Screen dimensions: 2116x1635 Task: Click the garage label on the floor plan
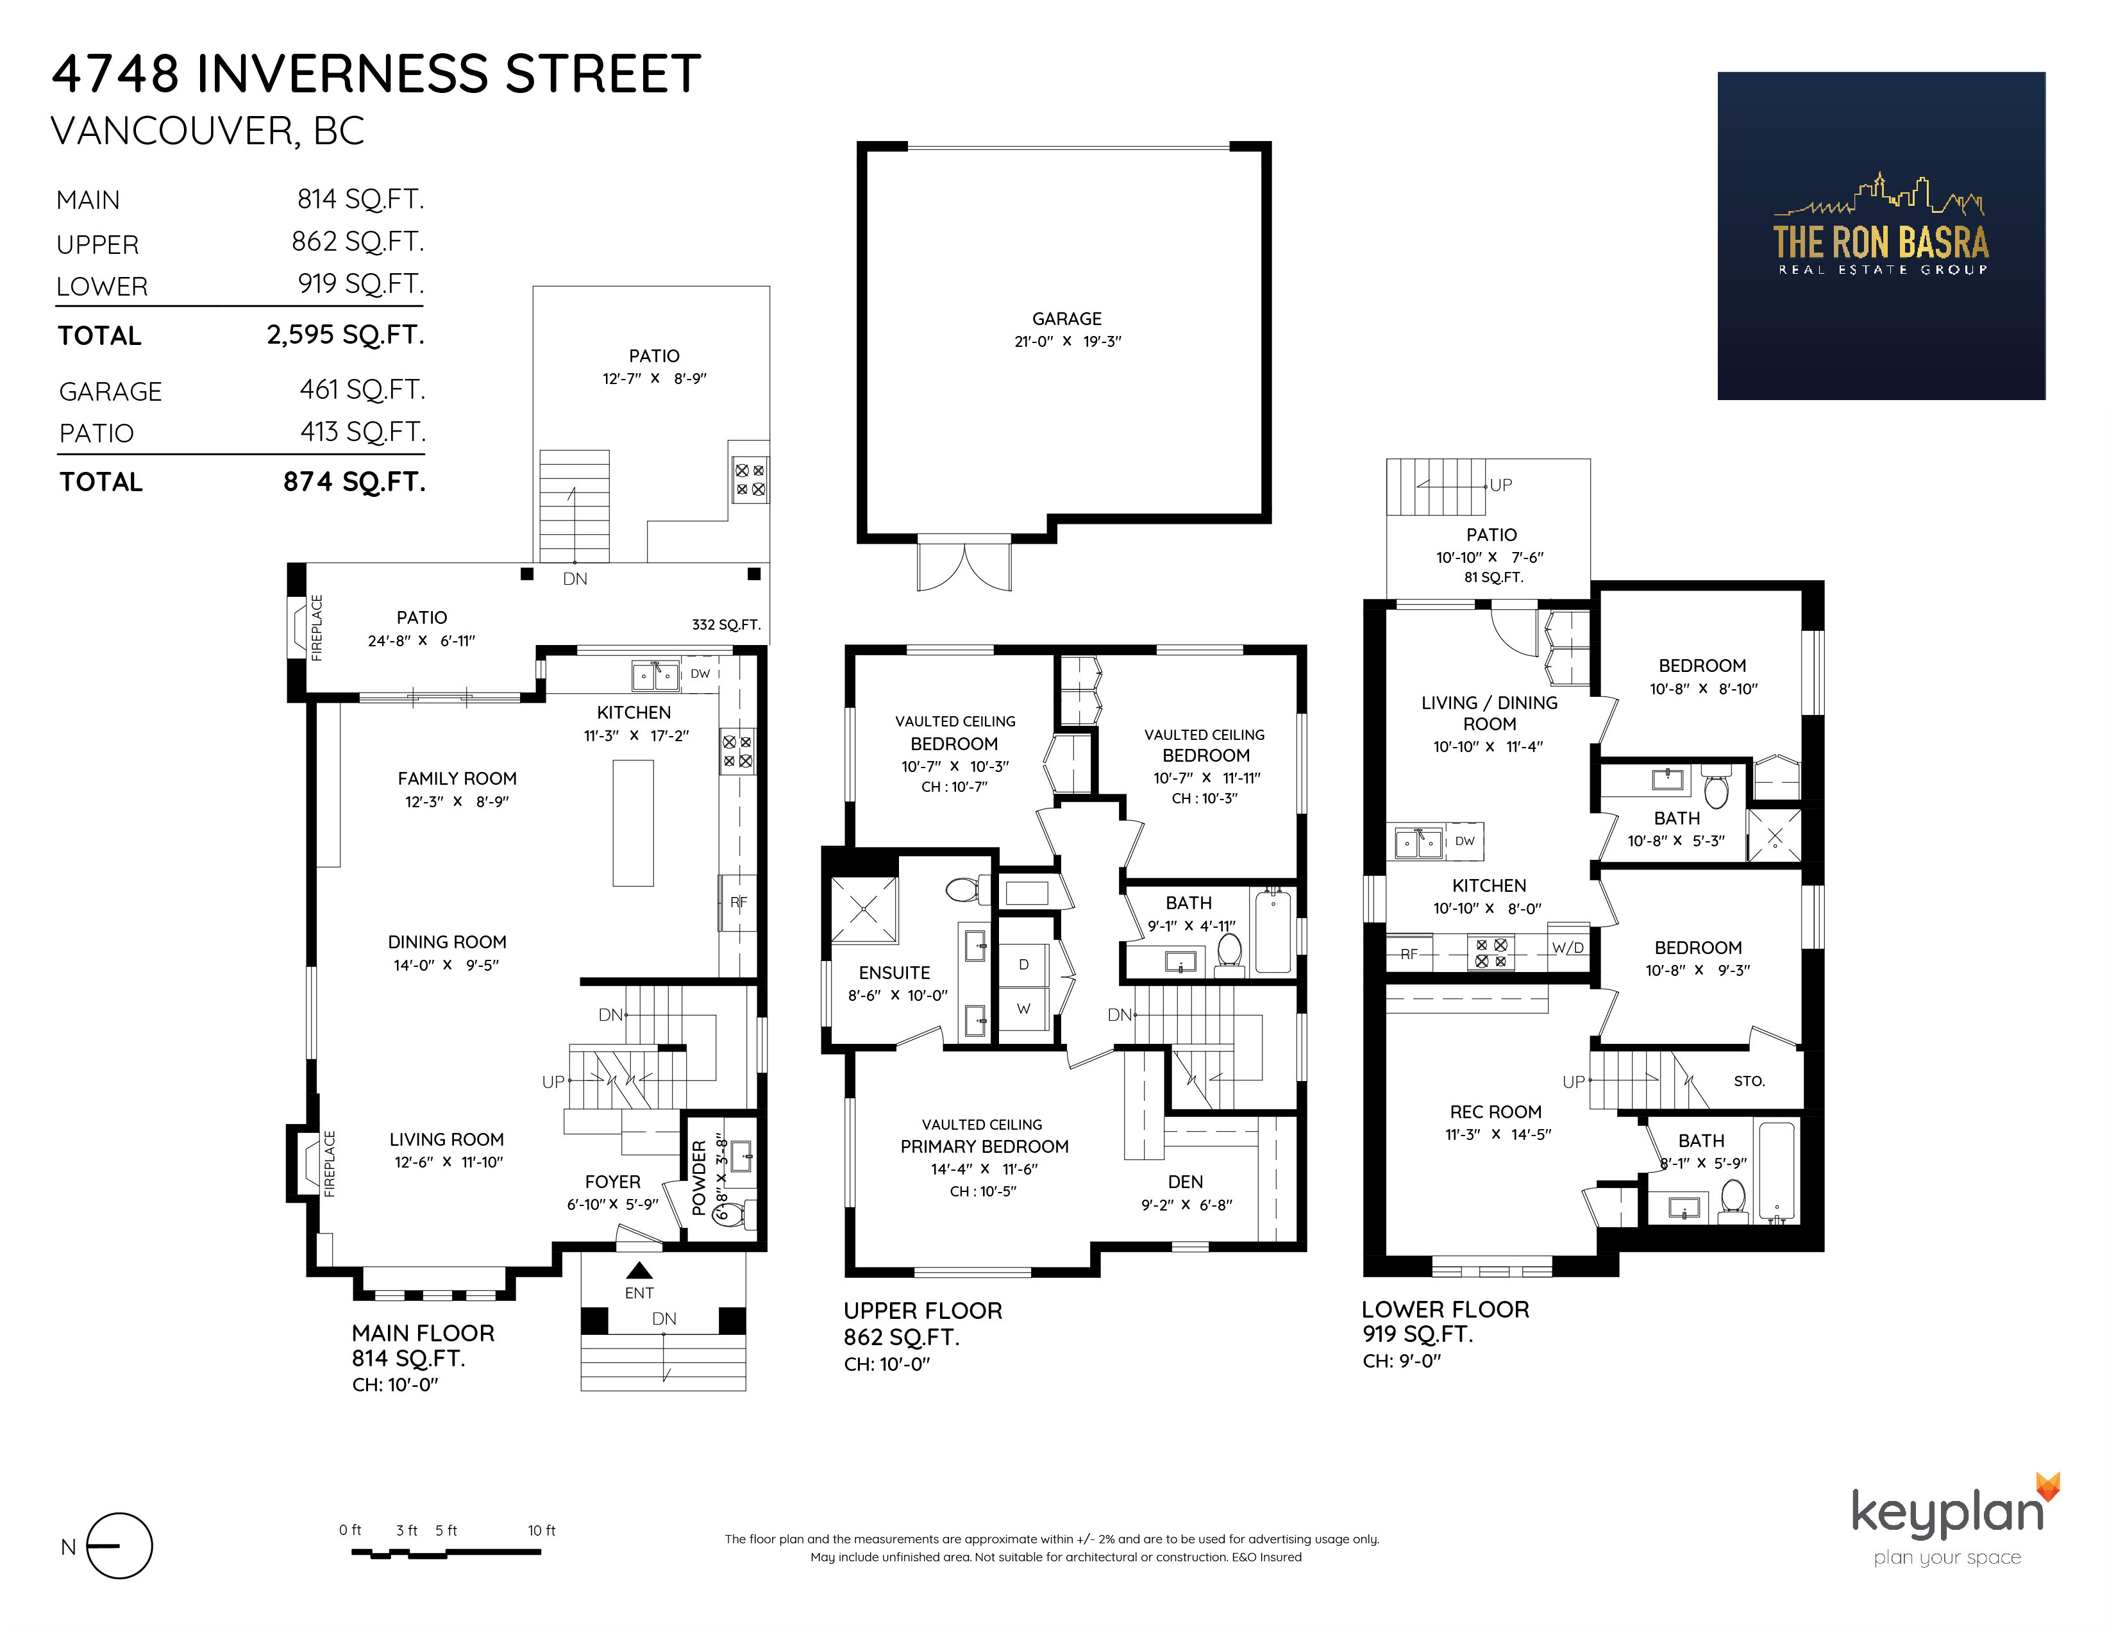1067,319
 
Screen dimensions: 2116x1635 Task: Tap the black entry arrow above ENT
639,1270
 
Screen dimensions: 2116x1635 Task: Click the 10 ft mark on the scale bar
542,1530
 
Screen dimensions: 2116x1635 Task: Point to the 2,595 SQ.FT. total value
346,335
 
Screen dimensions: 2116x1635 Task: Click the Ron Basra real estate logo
1881,235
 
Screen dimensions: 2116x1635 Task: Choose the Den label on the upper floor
1186,1182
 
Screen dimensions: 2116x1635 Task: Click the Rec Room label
1496,1112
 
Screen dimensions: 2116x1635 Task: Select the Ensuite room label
894,973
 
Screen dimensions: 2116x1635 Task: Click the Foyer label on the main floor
612,1182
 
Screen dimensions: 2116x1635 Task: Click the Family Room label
457,779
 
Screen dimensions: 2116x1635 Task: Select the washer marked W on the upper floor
1024,1009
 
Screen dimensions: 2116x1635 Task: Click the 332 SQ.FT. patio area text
726,625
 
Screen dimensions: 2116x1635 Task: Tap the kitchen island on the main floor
633,823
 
